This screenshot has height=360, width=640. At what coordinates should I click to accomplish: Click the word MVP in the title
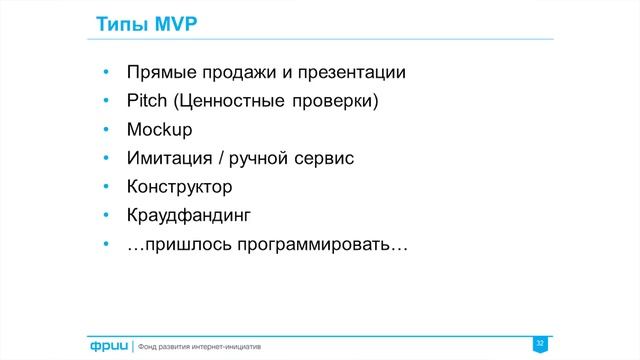(x=160, y=24)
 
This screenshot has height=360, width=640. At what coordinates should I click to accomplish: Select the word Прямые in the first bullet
(x=159, y=73)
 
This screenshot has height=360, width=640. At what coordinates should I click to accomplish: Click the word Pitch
(x=147, y=101)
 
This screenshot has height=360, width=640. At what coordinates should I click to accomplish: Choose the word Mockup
(x=159, y=130)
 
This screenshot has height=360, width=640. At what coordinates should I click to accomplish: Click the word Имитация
(x=167, y=158)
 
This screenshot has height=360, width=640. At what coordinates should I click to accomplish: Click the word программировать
(x=312, y=244)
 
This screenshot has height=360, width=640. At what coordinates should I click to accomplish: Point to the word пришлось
(x=184, y=244)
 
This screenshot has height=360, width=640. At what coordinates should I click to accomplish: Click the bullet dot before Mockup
(x=106, y=130)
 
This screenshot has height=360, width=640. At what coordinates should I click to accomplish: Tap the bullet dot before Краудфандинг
(x=106, y=215)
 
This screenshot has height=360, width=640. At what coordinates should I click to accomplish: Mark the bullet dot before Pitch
(x=106, y=101)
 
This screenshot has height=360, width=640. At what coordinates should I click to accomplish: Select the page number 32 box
(x=540, y=344)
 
